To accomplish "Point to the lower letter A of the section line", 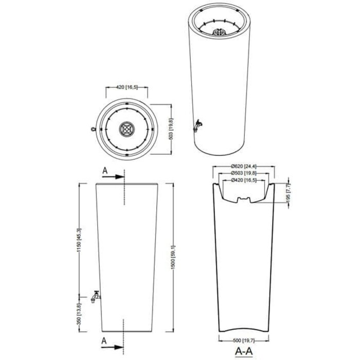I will point(105,341).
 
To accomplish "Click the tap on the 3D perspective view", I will point(197,124).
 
